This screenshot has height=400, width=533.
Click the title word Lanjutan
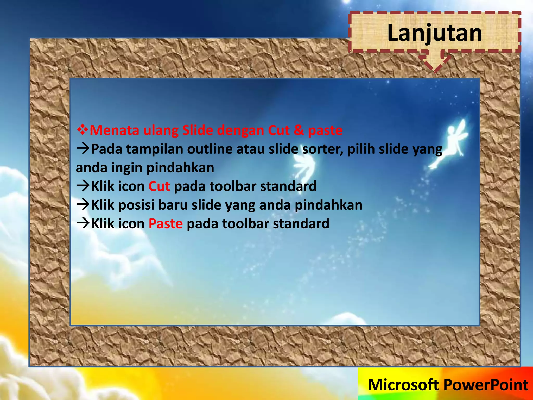tap(435, 33)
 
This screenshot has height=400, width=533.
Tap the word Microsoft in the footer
tap(403, 385)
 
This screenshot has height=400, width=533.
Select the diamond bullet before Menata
tap(82, 130)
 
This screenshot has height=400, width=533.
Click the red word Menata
tap(114, 130)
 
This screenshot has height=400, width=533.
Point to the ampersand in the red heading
tap(299, 130)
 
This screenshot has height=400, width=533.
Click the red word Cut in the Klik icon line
tap(159, 186)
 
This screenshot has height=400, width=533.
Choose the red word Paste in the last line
tap(166, 224)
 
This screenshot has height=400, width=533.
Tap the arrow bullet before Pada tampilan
tap(83, 149)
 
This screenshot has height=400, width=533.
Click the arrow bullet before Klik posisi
tap(83, 205)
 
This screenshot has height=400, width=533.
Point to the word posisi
tap(136, 205)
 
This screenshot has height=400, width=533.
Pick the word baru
tap(173, 205)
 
